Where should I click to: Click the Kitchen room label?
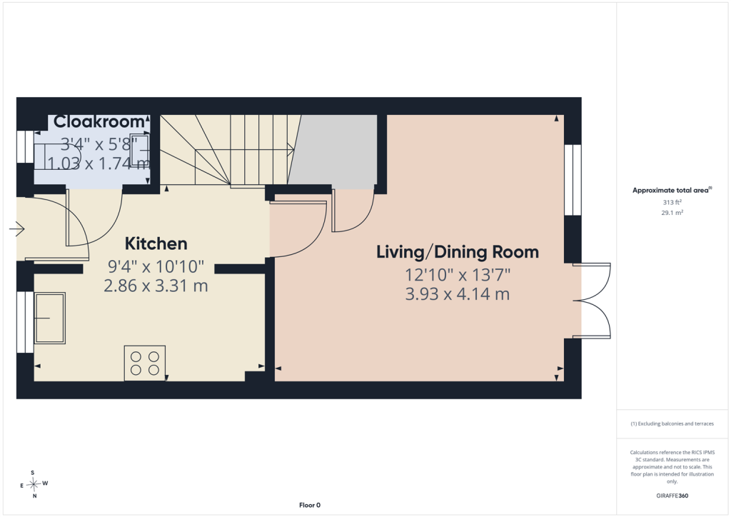[156, 244]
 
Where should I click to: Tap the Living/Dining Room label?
[458, 252]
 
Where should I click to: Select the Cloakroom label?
[99, 121]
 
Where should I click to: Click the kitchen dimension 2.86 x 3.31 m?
[156, 286]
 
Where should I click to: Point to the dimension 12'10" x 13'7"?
[458, 275]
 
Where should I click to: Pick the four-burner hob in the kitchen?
[145, 363]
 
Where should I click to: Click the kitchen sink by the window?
[49, 318]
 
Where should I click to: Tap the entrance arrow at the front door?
[17, 229]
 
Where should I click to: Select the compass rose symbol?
[34, 484]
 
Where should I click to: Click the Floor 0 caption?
[310, 505]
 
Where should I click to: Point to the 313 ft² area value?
[672, 202]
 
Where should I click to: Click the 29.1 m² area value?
[672, 213]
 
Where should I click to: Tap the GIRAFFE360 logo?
[672, 496]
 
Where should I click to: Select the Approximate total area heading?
[672, 190]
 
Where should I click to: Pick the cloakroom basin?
[140, 151]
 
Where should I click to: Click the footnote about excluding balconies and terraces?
[672, 423]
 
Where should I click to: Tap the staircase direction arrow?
[244, 150]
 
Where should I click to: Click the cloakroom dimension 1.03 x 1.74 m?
[99, 163]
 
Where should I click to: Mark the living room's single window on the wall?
[573, 180]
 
